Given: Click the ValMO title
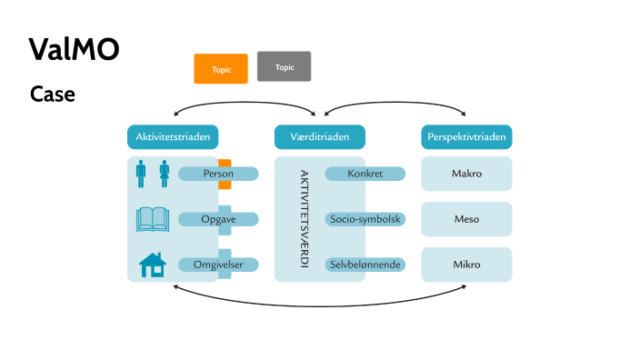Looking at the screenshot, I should click(x=74, y=49).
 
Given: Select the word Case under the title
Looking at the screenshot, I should click(x=52, y=94).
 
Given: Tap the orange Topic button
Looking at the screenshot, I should click(x=221, y=69).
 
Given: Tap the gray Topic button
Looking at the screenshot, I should click(x=285, y=66).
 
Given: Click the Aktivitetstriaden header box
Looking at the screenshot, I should click(x=173, y=137).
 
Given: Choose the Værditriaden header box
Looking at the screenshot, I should click(x=320, y=137).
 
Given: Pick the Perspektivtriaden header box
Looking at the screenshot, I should click(x=466, y=137).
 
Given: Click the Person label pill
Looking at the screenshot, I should click(x=218, y=174).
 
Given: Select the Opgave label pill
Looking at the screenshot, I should click(x=218, y=219).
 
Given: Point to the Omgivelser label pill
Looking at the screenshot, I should click(x=218, y=265).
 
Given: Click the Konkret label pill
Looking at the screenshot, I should click(x=365, y=174).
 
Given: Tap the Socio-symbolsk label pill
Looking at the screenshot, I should click(x=365, y=219).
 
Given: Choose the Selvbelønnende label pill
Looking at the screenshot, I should click(x=365, y=265).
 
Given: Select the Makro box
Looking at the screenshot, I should click(x=466, y=174).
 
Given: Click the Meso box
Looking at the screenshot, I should click(x=466, y=219).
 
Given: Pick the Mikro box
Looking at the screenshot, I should click(x=466, y=265).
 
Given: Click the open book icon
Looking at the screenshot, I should click(x=153, y=219).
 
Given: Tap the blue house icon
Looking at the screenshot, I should click(x=153, y=265).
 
